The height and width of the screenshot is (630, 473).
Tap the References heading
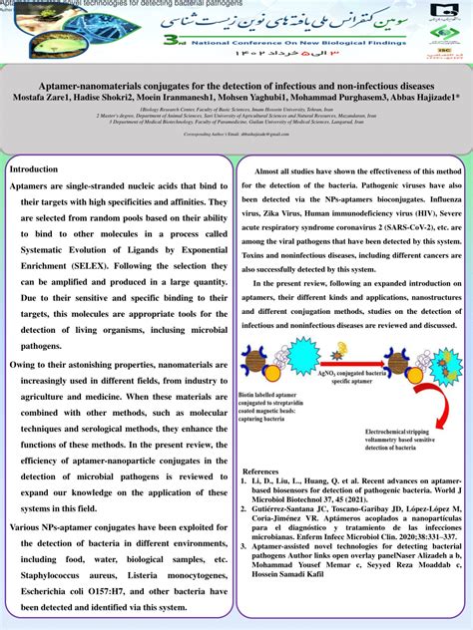tap(261, 471)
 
